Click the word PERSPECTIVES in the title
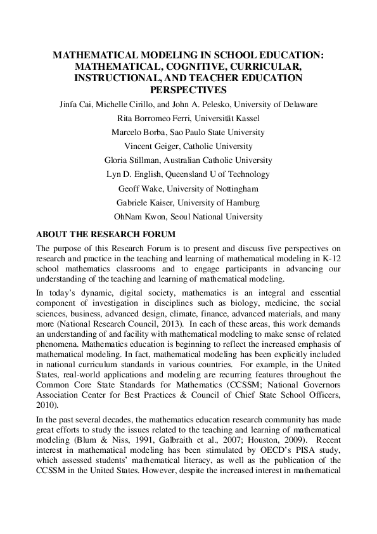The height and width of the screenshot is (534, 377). pyautogui.click(x=188, y=89)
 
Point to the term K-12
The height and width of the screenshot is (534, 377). pyautogui.click(x=325, y=259)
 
